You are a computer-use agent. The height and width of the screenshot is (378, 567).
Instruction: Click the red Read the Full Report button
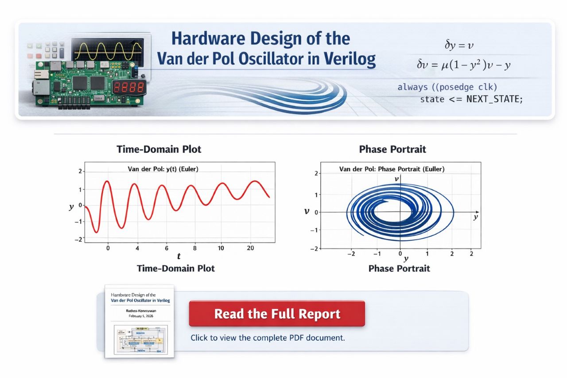[277, 314]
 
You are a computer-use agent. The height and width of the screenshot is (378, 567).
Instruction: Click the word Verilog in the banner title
[348, 58]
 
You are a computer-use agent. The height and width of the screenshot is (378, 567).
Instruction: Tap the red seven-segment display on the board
[128, 87]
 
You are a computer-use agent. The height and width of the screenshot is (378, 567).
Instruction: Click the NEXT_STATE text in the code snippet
[493, 99]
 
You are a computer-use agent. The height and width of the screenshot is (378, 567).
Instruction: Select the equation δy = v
[459, 45]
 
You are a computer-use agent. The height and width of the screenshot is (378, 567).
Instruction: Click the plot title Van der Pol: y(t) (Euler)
[163, 169]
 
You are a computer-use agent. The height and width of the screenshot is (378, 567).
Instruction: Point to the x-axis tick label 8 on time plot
[194, 248]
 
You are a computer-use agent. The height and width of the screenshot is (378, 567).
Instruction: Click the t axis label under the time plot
[179, 256]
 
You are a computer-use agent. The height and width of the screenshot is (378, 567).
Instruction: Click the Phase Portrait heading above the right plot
[392, 149]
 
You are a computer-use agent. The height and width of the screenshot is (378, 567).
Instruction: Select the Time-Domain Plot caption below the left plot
[176, 268]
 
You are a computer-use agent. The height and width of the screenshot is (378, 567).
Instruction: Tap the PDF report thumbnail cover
[140, 321]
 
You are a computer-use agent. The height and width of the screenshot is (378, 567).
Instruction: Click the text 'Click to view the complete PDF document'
[268, 338]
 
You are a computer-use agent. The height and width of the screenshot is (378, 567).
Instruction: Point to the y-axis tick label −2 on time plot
[80, 239]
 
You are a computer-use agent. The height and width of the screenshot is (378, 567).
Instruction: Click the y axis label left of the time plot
[71, 207]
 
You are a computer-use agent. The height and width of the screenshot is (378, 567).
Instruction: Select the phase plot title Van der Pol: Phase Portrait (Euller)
[392, 169]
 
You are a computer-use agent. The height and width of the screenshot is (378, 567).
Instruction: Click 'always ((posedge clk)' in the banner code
[447, 87]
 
